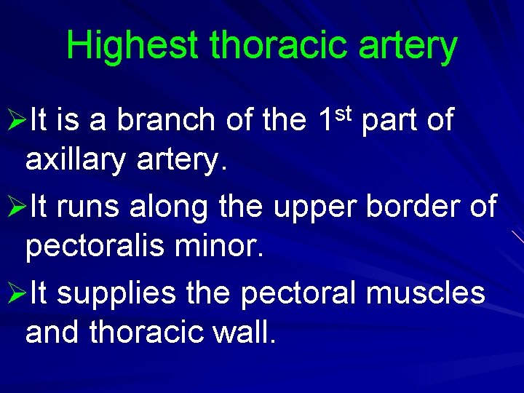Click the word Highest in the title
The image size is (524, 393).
(131, 46)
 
